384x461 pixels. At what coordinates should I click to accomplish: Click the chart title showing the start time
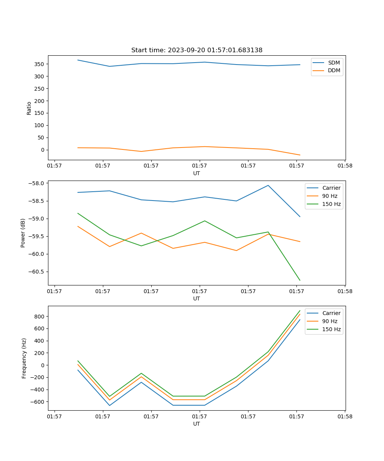197,50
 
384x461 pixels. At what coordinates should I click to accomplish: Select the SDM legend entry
334,62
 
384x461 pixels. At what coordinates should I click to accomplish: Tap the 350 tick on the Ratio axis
40,64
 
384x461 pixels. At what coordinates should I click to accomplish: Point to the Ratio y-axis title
29,108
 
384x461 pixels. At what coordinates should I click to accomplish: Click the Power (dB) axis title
23,233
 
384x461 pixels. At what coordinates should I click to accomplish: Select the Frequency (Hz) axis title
24,358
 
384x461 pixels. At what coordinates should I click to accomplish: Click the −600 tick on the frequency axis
38,402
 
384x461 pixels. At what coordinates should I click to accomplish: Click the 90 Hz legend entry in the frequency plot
329,321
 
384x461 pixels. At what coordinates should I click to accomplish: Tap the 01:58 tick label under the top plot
345,166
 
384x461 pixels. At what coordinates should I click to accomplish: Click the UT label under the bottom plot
197,424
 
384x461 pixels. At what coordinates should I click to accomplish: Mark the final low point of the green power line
300,280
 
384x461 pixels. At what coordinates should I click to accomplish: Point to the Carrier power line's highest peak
268,186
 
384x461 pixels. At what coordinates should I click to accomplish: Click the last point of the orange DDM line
300,155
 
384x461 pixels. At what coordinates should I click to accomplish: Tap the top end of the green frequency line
300,310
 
